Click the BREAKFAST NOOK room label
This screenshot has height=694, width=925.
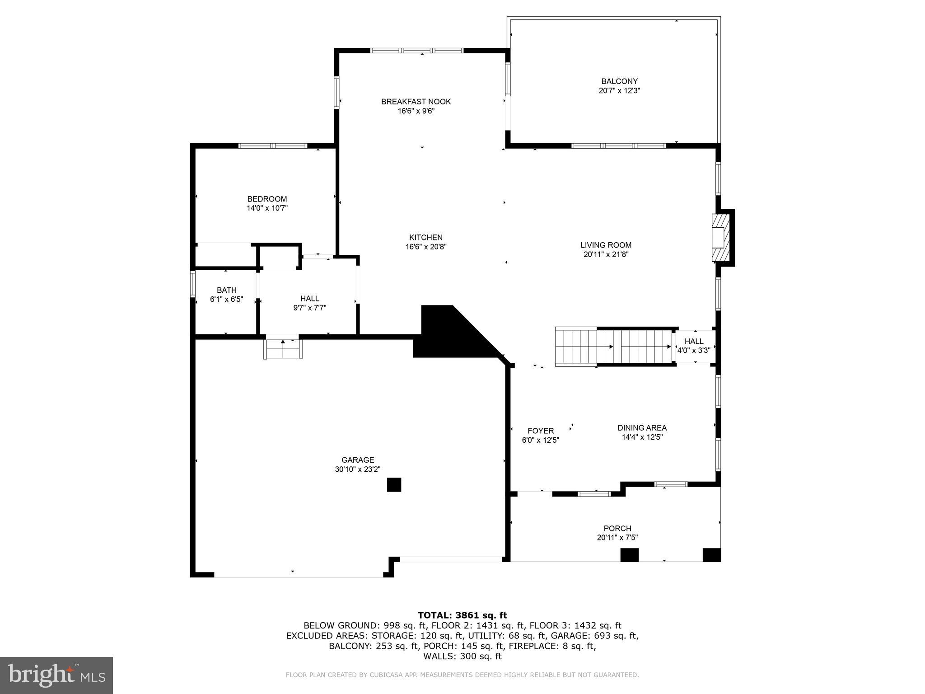pyautogui.click(x=416, y=102)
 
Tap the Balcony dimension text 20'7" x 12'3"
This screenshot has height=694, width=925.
pyautogui.click(x=619, y=90)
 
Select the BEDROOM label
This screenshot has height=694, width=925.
pyautogui.click(x=267, y=199)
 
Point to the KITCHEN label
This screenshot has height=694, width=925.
pyautogui.click(x=425, y=237)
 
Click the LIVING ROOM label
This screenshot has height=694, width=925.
pyautogui.click(x=606, y=245)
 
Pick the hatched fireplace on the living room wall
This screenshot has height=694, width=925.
pyautogui.click(x=721, y=237)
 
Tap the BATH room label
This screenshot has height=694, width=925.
pyautogui.click(x=226, y=290)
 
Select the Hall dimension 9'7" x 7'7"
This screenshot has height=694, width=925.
pyautogui.click(x=309, y=308)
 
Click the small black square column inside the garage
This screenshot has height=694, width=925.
pyautogui.click(x=394, y=485)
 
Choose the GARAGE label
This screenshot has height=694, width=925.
pyautogui.click(x=357, y=460)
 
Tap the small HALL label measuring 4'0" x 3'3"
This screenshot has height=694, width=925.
pyautogui.click(x=693, y=341)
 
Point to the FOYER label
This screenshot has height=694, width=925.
pyautogui.click(x=540, y=431)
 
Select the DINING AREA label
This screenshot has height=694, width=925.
pyautogui.click(x=642, y=427)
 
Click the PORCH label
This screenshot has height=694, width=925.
pyautogui.click(x=617, y=528)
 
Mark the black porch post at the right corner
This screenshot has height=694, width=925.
pyautogui.click(x=711, y=554)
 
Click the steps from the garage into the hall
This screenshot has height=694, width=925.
pyautogui.click(x=283, y=348)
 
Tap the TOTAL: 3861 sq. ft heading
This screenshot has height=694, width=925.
pyautogui.click(x=462, y=615)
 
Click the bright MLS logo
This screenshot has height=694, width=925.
pyautogui.click(x=56, y=675)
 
